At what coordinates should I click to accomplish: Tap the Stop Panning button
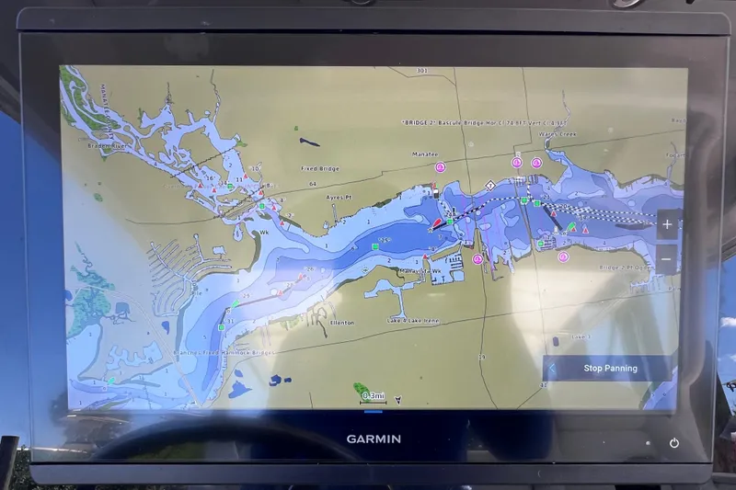[610, 369]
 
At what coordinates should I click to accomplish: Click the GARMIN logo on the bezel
[374, 439]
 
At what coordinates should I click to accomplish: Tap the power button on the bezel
[674, 443]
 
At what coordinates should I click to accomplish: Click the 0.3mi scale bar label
[374, 395]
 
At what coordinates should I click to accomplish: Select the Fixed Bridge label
[320, 168]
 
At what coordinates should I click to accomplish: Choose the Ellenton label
[340, 322]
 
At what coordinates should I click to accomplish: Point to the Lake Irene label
[415, 319]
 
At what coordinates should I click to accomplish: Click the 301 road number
[422, 71]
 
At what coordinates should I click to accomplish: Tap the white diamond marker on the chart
[491, 185]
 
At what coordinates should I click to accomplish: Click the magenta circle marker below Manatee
[440, 167]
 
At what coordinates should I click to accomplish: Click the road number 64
[312, 184]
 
